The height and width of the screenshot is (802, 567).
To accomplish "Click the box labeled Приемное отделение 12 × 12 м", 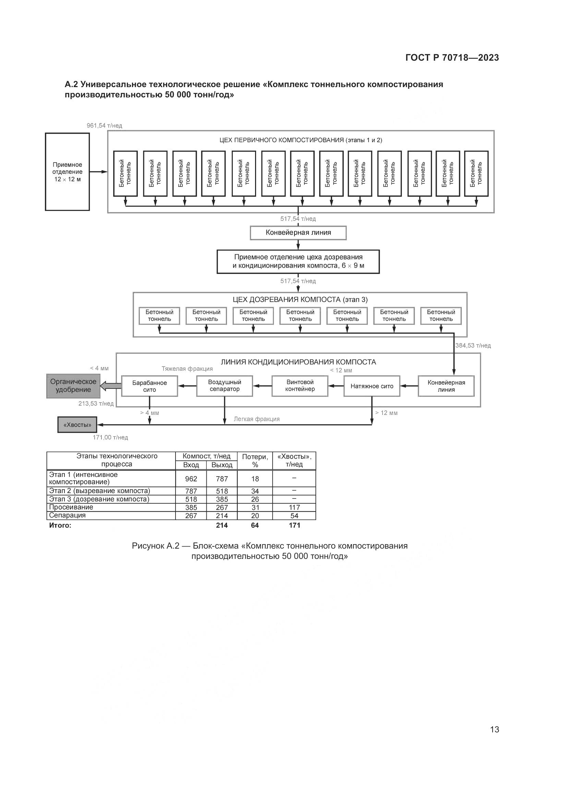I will (68, 172).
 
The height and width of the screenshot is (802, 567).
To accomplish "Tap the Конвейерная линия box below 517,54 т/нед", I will (298, 232).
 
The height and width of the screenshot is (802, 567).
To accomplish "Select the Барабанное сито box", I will (149, 386).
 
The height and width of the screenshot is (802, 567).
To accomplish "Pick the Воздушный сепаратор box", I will (225, 386).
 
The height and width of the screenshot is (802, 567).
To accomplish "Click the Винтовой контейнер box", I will (300, 386).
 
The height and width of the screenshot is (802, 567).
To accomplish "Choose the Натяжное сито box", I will (372, 386).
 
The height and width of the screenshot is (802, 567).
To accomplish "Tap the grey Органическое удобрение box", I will (73, 386).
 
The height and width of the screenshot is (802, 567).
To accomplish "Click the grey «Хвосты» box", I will (77, 425).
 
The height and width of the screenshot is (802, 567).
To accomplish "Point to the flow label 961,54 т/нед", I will (105, 125).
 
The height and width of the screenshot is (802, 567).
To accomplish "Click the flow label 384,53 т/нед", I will (473, 346).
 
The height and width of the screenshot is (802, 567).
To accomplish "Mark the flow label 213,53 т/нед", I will (96, 404).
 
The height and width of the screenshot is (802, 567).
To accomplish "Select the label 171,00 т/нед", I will (110, 437).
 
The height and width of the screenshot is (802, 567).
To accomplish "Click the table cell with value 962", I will (191, 479).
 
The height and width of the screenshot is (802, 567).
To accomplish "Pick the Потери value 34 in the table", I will (255, 491).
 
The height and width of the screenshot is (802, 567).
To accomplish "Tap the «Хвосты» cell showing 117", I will (294, 507).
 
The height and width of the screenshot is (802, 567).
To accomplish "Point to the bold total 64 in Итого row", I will (255, 525).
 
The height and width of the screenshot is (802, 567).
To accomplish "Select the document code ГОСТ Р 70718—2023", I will (452, 58).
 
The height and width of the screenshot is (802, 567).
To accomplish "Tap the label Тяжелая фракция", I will (187, 369).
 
